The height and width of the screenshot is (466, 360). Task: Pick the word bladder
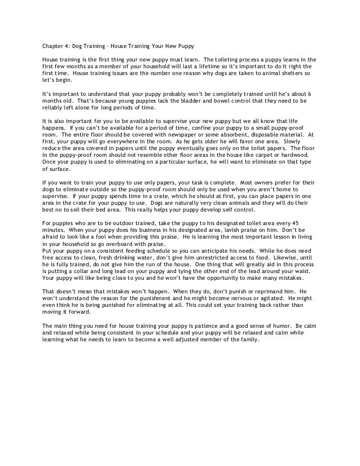[x=163, y=101]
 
